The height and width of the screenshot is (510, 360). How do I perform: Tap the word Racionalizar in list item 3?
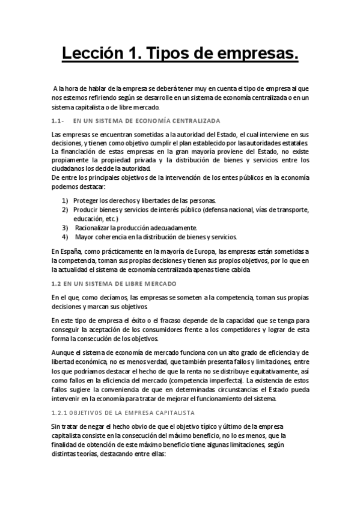click(96, 227)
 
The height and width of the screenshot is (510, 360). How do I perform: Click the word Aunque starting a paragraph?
click(63, 352)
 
